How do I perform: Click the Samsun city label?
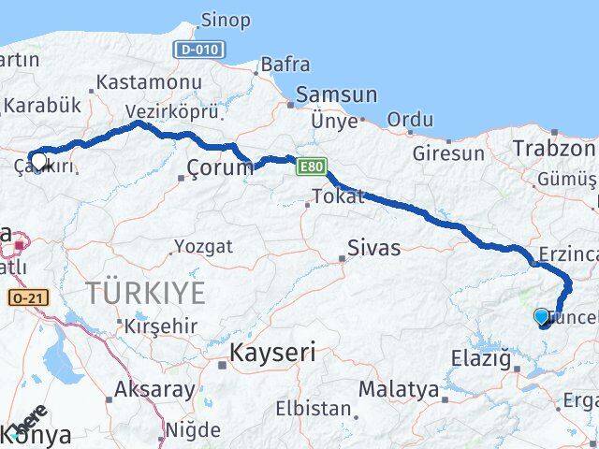point(336,95)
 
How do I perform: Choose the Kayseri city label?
point(272,353)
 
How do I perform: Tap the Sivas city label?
point(373,248)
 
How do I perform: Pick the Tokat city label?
point(336,197)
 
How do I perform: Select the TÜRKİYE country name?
point(146,293)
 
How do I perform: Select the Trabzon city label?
point(553,148)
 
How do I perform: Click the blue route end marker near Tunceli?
point(542,318)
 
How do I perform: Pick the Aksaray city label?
point(154,389)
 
